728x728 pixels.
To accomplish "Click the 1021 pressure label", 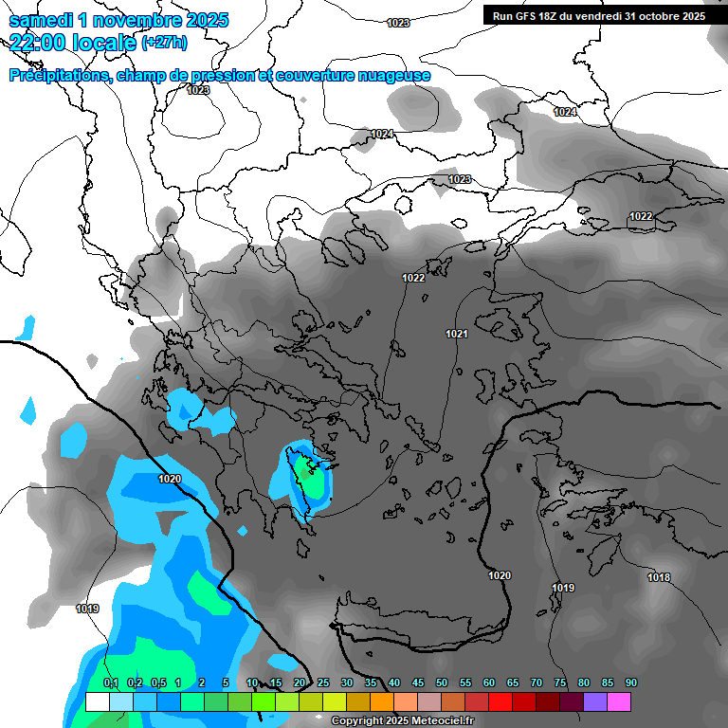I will [x=457, y=334].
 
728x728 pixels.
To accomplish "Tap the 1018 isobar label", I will [x=659, y=577].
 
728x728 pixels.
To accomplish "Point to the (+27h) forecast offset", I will [x=164, y=43].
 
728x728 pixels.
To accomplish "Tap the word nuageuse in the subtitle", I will [x=395, y=76].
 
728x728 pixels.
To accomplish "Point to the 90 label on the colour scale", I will [x=630, y=682].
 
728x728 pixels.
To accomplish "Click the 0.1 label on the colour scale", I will [x=110, y=682].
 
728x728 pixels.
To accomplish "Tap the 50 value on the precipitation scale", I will [x=442, y=682].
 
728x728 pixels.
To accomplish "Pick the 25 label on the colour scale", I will [x=323, y=682].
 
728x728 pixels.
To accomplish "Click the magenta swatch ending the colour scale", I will [x=619, y=701].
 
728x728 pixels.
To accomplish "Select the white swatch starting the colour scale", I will [x=97, y=701].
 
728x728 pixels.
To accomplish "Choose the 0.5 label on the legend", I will [x=157, y=682].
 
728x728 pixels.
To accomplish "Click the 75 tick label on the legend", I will [x=559, y=682].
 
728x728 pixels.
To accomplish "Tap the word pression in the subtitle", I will [x=227, y=76].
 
